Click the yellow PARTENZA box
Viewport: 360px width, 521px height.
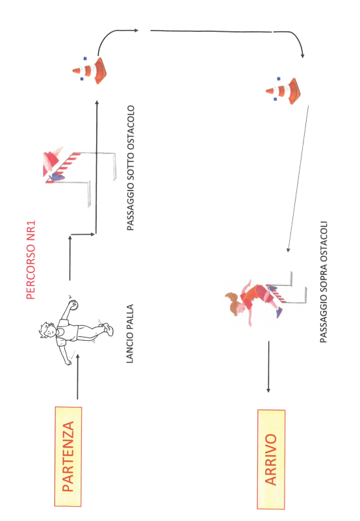click(x=68, y=456)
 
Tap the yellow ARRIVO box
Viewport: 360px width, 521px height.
click(x=271, y=459)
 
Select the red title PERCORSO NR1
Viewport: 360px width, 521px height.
click(x=31, y=260)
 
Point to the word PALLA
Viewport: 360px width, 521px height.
click(x=130, y=314)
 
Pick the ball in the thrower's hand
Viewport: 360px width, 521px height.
click(x=73, y=304)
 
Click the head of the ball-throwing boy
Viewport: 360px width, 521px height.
click(x=47, y=330)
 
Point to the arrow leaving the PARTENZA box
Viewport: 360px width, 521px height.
click(x=78, y=377)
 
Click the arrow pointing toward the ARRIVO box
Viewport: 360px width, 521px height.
click(x=268, y=366)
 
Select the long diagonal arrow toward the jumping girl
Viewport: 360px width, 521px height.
click(x=298, y=178)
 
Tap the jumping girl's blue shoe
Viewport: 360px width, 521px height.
click(x=279, y=312)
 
